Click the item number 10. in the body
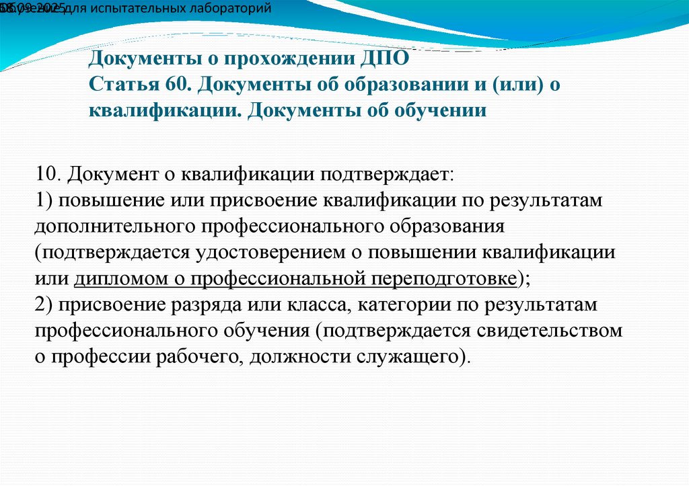pyautogui.click(x=49, y=175)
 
